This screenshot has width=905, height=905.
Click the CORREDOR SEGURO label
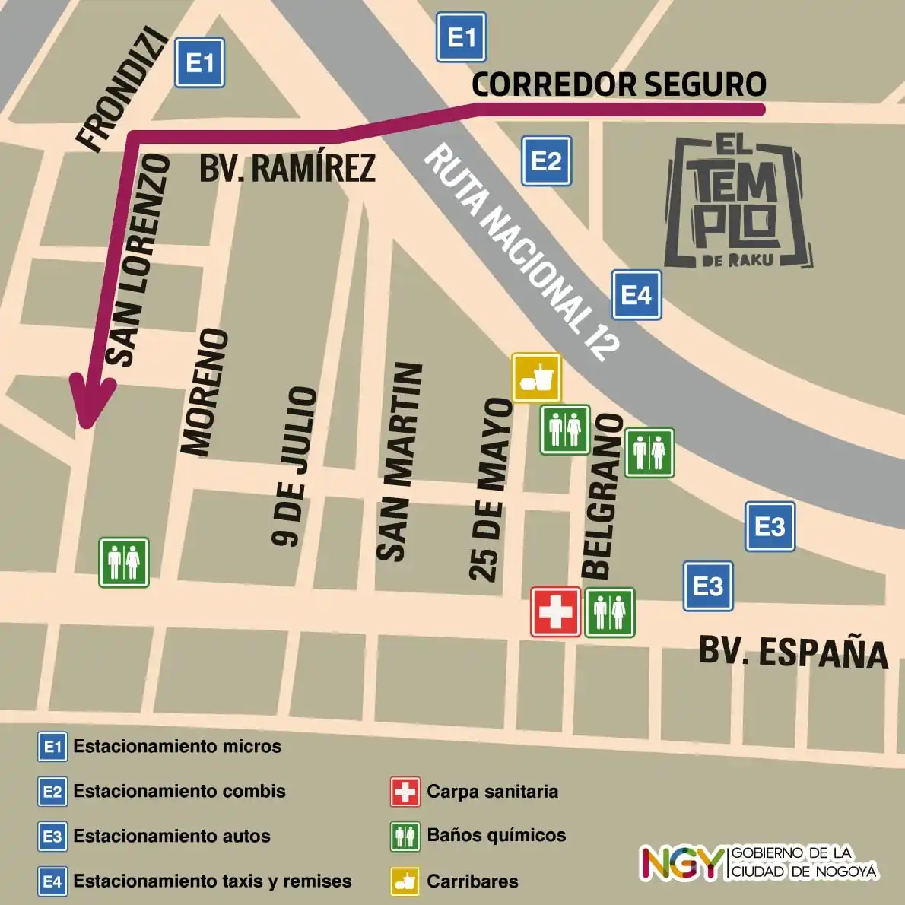618,84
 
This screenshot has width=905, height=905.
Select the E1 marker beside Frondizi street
200,63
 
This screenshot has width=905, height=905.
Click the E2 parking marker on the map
546,161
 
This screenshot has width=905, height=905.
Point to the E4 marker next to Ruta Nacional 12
637,295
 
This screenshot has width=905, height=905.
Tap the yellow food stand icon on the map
536,377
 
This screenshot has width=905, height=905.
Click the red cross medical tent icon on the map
556,611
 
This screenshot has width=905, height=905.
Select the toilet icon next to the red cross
609,612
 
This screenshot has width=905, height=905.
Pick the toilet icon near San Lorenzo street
124,563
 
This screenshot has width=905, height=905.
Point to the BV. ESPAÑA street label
792,653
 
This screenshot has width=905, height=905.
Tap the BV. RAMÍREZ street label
287,168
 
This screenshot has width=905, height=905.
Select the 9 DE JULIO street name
294,465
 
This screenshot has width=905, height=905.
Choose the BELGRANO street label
602,497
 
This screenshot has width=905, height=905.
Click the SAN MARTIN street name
400,462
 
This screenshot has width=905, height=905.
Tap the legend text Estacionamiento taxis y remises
212,881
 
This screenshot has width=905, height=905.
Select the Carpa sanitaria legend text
492,792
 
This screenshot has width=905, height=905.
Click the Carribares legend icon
405,881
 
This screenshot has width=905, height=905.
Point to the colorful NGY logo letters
681,863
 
